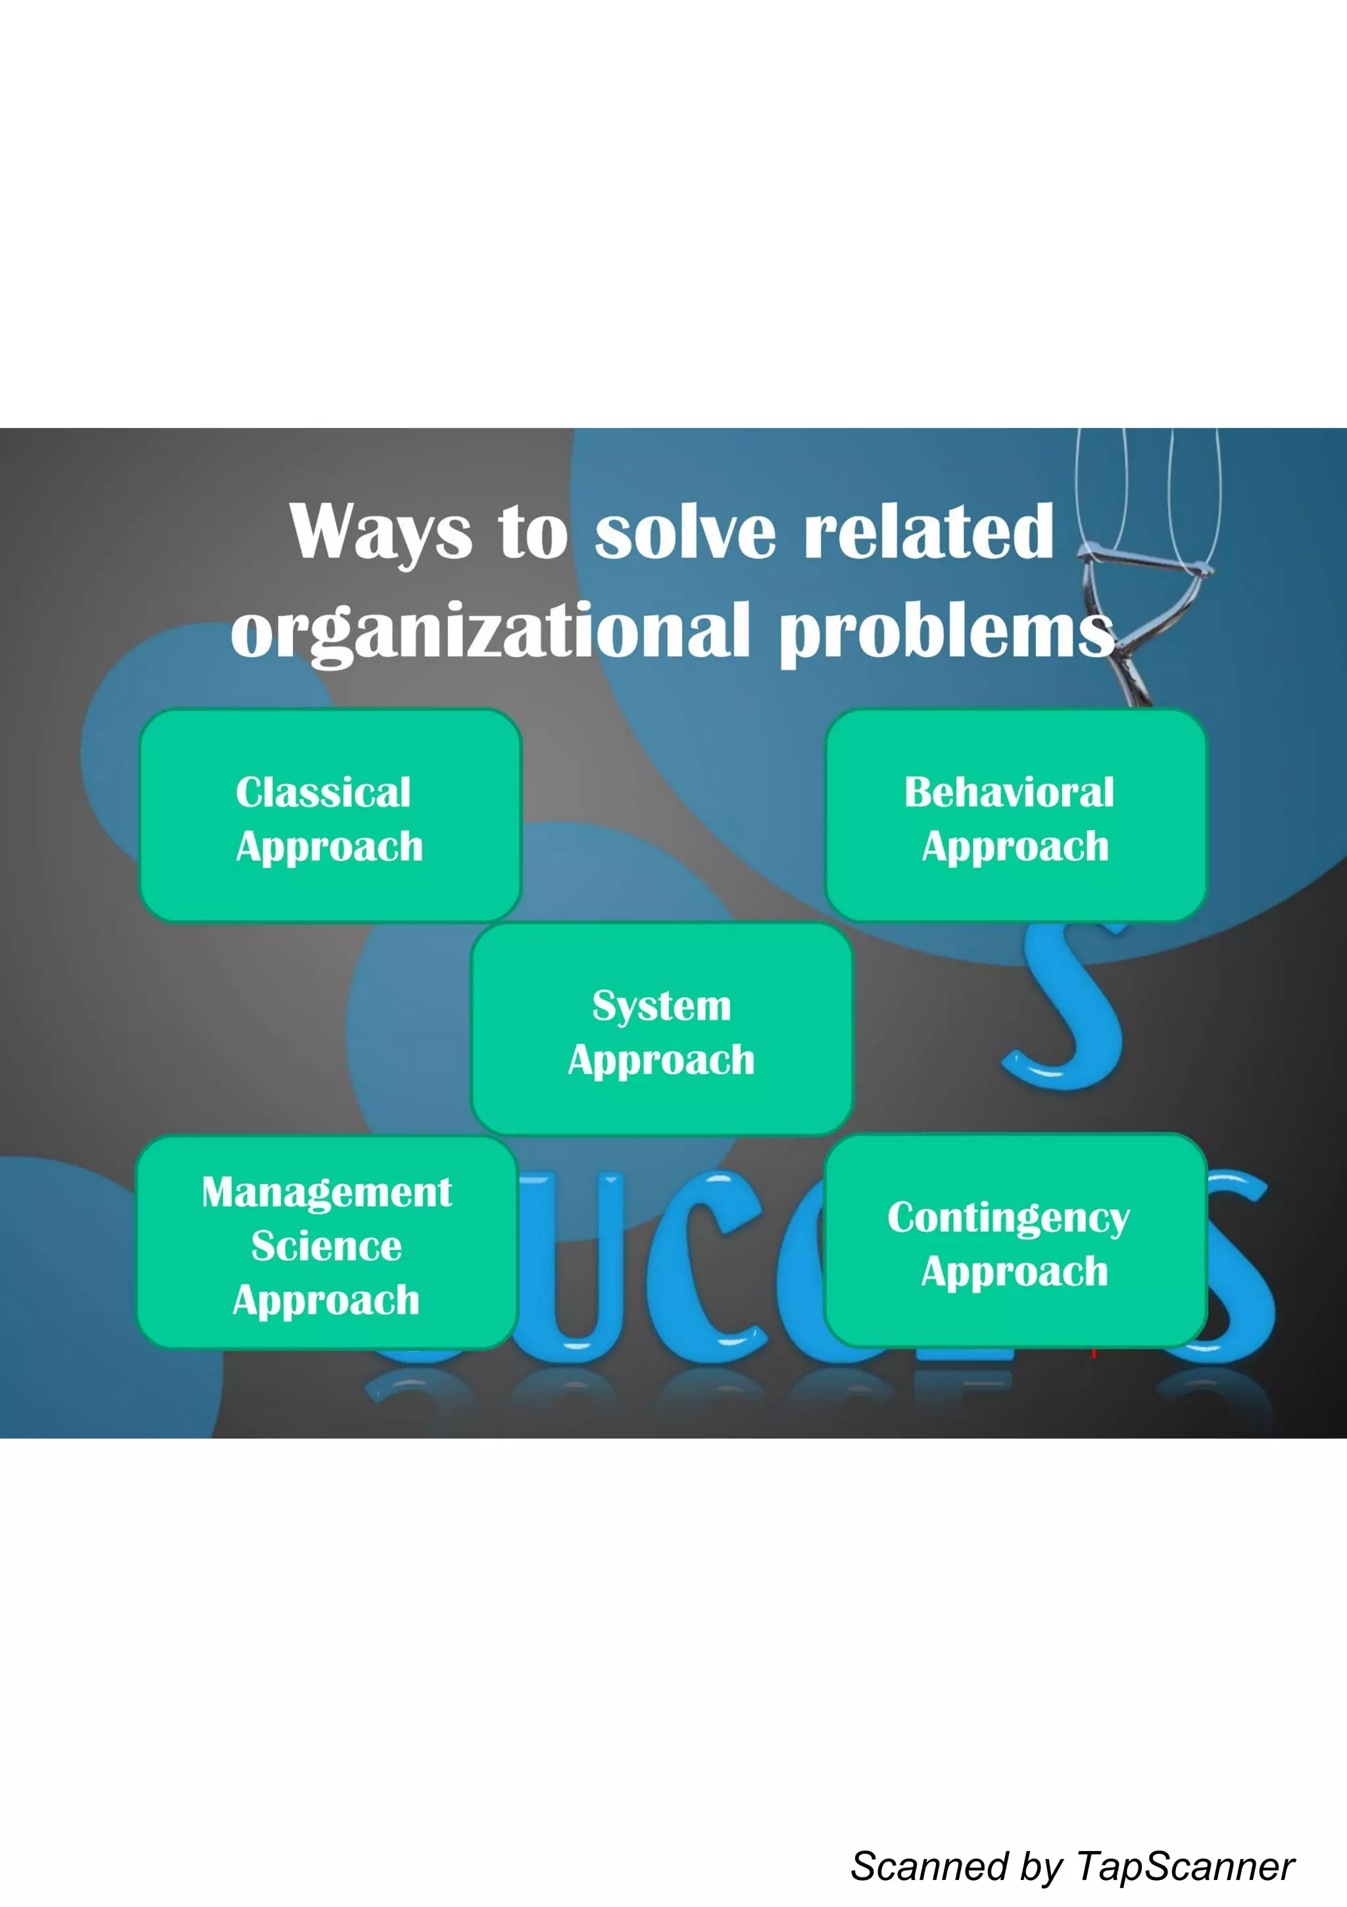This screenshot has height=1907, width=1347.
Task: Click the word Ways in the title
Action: (380, 532)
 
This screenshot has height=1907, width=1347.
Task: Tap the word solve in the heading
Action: (685, 532)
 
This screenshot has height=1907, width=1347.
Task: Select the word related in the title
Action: (929, 532)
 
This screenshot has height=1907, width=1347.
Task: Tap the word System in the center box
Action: (662, 1006)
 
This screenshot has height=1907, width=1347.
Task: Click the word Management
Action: (327, 1192)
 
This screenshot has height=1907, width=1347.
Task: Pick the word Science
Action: (327, 1246)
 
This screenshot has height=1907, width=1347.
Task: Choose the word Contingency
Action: (1009, 1218)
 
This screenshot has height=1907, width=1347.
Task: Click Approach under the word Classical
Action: (330, 847)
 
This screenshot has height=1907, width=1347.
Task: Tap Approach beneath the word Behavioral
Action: (1016, 847)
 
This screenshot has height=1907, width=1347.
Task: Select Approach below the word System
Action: (662, 1060)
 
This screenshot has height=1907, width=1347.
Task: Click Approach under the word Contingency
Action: (1015, 1272)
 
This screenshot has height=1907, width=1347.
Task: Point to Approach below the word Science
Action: (326, 1300)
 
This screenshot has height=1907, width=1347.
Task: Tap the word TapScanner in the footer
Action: (1186, 1866)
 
